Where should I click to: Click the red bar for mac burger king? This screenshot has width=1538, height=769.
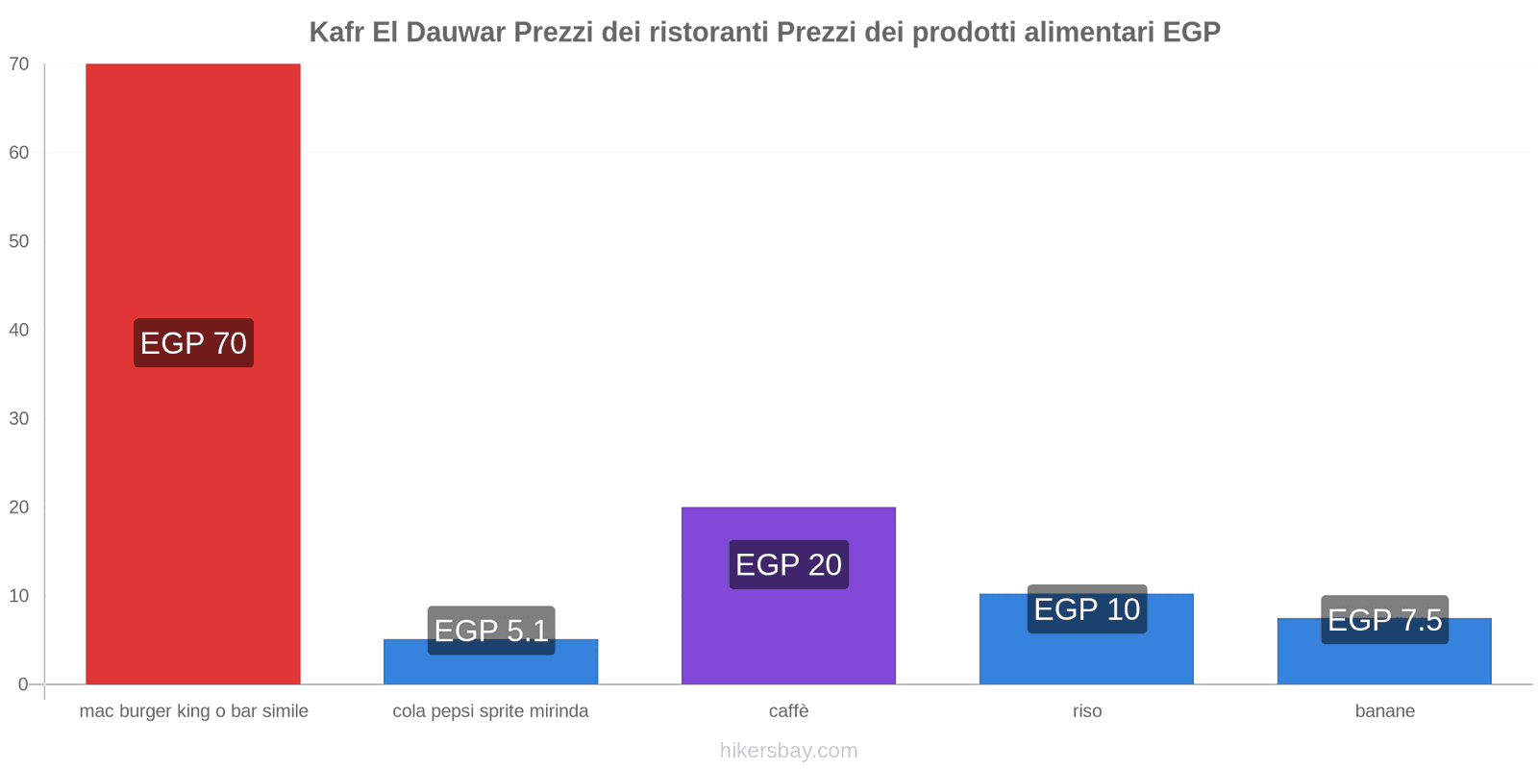192,192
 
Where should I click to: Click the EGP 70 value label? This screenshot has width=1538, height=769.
193,343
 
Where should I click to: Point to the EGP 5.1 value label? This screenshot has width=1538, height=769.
491,631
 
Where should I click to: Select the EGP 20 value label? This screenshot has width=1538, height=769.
788,564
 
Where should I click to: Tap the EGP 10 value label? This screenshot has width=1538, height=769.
1086,609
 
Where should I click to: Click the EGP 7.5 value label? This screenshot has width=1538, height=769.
1384,620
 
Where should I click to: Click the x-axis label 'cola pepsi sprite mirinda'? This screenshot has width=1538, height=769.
490,711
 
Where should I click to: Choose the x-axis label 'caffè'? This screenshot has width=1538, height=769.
788,711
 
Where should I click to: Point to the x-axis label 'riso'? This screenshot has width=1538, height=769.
1087,711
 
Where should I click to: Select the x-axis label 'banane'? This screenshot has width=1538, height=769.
1384,711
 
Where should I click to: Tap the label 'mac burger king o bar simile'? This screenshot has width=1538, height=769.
193,711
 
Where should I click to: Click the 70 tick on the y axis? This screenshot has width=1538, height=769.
19,64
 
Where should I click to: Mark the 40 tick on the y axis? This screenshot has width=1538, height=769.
19,330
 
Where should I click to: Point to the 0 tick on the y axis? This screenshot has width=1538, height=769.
23,684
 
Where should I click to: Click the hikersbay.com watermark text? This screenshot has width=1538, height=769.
788,751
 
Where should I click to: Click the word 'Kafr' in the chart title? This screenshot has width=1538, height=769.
336,33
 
